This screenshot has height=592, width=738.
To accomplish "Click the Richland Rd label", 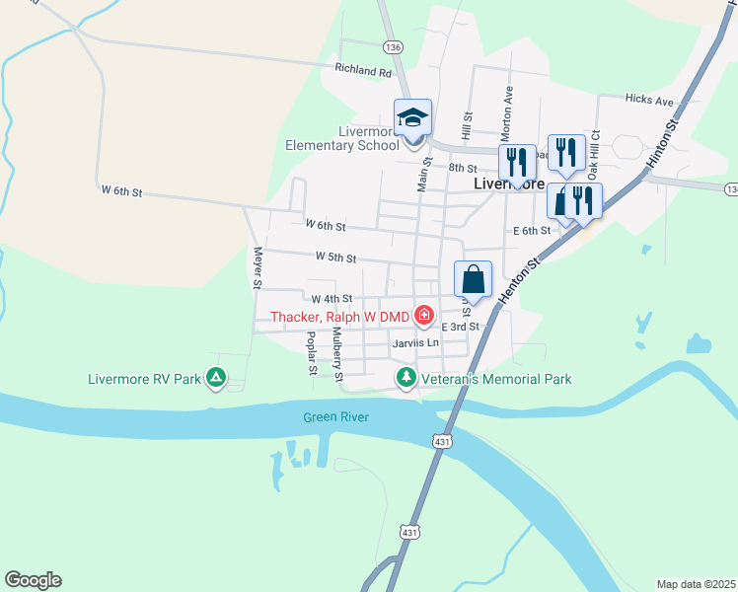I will pyautogui.click(x=363, y=71).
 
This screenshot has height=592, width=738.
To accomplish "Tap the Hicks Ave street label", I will pyautogui.click(x=649, y=101).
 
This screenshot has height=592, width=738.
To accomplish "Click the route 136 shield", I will pyautogui.click(x=394, y=46).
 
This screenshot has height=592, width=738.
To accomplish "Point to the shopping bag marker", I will pyautogui.click(x=474, y=279).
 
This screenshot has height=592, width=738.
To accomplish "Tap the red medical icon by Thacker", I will pyautogui.click(x=424, y=316).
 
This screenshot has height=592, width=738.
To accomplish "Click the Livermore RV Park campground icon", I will pyautogui.click(x=215, y=378).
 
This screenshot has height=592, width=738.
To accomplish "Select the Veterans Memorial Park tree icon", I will pyautogui.click(x=406, y=378).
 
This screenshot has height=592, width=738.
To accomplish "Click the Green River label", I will pyautogui.click(x=335, y=417).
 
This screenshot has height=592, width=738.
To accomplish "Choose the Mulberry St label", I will pyautogui.click(x=336, y=355).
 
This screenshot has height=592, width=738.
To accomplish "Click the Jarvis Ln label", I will pyautogui.click(x=414, y=342).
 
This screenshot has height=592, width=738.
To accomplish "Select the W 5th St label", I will pyautogui.click(x=335, y=258).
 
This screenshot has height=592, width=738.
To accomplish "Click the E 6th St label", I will pyautogui.click(x=531, y=230).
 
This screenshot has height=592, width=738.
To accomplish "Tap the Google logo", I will pyautogui.click(x=33, y=580).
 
